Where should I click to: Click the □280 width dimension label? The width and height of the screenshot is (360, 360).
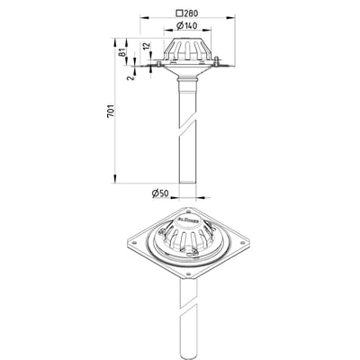[188, 13]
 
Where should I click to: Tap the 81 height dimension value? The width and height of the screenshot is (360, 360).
[122, 52]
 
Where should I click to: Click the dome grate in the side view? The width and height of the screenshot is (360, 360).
[188, 50]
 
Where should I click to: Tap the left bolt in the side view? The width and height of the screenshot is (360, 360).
[158, 64]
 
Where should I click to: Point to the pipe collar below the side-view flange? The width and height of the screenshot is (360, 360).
[188, 85]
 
